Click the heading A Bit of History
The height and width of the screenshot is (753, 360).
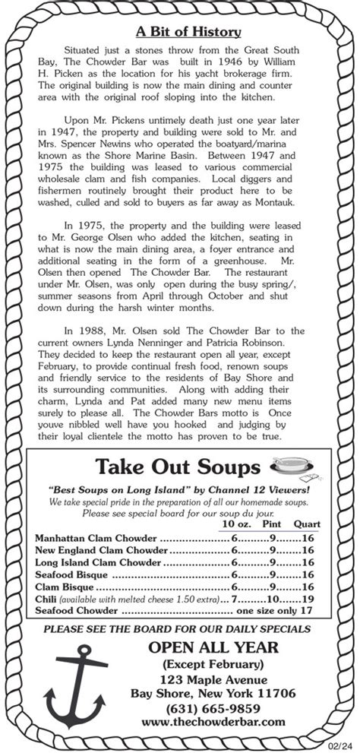(188, 32)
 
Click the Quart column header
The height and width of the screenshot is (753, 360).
(306, 524)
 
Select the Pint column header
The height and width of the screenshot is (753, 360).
(272, 524)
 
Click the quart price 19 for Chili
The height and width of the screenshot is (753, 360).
(308, 599)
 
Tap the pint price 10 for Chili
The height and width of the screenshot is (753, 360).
(272, 599)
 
